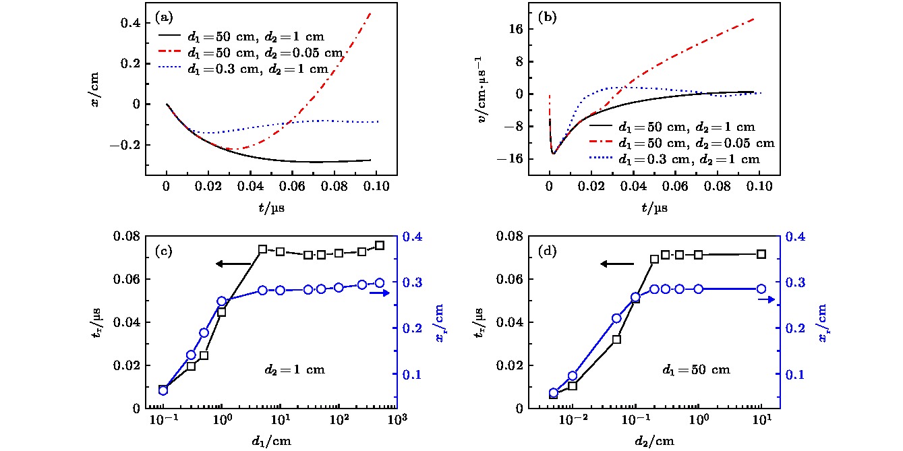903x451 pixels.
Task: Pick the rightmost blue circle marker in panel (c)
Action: coord(380,283)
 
